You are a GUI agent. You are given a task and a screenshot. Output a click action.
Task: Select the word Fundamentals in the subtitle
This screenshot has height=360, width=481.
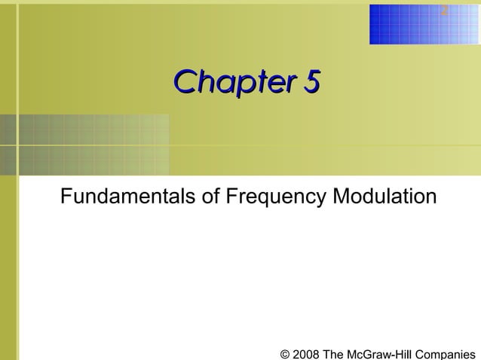tap(128, 197)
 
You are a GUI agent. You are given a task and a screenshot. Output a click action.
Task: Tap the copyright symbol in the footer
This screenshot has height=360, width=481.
tap(284, 353)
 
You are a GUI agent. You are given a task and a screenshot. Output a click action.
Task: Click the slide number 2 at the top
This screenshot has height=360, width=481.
tap(445, 11)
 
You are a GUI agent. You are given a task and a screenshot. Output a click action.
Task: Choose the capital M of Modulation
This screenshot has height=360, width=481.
tap(342, 197)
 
